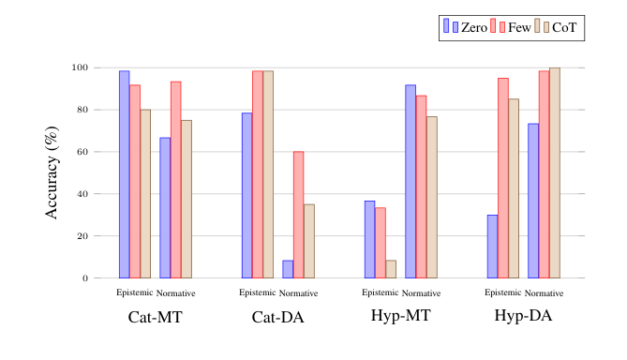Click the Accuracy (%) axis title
click(53, 172)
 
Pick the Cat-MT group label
click(155, 317)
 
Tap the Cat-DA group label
click(278, 317)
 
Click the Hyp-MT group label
click(401, 317)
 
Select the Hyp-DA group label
click(523, 317)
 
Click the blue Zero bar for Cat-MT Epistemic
click(124, 174)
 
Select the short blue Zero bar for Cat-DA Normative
click(288, 269)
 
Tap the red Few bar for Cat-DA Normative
click(298, 215)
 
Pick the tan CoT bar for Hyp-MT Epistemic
click(391, 269)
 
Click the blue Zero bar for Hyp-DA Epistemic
click(492, 247)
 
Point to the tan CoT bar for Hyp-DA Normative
click(555, 172)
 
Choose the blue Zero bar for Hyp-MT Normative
click(411, 181)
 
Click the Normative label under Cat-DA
click(299, 293)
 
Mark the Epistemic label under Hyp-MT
click(381, 292)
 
